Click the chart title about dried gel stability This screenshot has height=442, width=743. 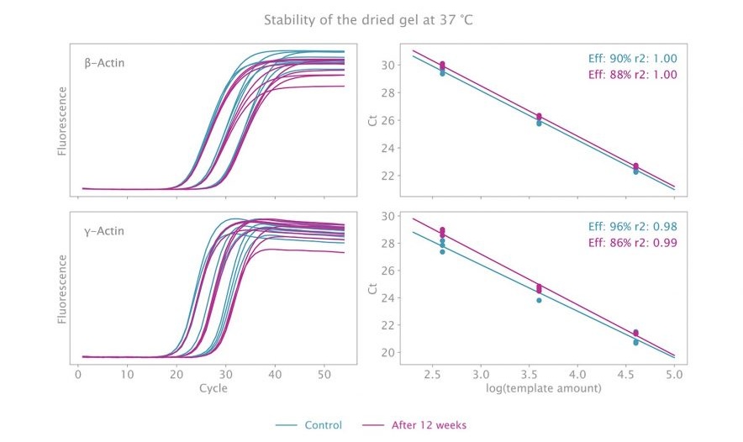(368, 20)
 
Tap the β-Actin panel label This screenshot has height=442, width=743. (105, 63)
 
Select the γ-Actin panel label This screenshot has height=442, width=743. (104, 231)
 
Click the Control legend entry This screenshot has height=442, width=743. (309, 425)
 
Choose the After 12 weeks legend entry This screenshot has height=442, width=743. (414, 425)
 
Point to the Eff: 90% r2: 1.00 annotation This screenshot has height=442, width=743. (633, 59)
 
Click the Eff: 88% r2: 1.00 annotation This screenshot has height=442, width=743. (633, 75)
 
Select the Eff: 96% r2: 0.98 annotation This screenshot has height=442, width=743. (633, 227)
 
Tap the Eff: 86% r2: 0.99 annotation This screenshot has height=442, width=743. (633, 243)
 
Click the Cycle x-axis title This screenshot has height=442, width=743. (213, 388)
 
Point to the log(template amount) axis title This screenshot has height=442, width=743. (544, 388)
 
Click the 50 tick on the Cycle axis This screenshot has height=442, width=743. (324, 375)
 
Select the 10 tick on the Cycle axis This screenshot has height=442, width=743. (127, 375)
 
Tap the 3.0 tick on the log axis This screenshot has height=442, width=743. (481, 375)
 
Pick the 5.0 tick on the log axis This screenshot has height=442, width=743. (674, 375)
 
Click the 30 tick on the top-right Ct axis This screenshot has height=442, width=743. (388, 65)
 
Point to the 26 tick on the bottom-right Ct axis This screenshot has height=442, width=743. (388, 271)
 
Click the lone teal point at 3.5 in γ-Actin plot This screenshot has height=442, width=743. (539, 300)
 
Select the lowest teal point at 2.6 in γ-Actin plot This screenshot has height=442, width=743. (442, 251)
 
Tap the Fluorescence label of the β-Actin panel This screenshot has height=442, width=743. (62, 121)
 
